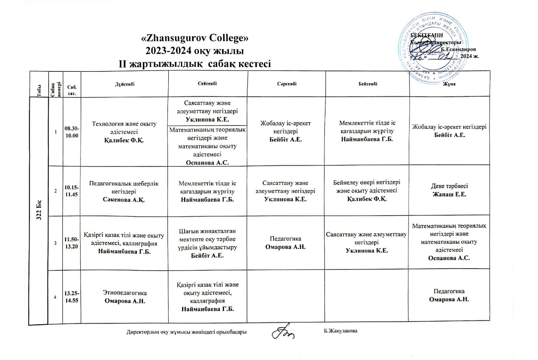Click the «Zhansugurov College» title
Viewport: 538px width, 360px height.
[x=194, y=38]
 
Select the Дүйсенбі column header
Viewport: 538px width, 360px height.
[x=125, y=84]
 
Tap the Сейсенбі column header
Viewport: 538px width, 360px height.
[x=207, y=84]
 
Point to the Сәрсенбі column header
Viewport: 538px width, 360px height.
[x=287, y=84]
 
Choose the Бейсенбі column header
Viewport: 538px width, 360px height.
[x=367, y=84]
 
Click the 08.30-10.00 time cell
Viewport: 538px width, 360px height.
[x=72, y=132]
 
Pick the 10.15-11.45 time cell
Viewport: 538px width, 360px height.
[x=71, y=191]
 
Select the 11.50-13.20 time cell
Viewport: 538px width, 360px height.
[x=71, y=243]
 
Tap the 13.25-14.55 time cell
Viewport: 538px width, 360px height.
[x=72, y=297]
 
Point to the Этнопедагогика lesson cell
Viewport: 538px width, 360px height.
[x=125, y=297]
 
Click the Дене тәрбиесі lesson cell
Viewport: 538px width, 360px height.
[x=449, y=190]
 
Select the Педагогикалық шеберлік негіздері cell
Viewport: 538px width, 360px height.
[x=124, y=191]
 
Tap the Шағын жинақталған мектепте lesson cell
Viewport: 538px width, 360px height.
[x=207, y=243]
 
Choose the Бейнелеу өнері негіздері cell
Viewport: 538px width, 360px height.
[x=367, y=191]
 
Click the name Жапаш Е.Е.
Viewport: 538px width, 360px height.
[x=449, y=194]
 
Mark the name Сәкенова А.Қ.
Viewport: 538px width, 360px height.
[x=124, y=200]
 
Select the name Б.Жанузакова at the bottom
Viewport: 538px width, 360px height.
[x=340, y=331]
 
